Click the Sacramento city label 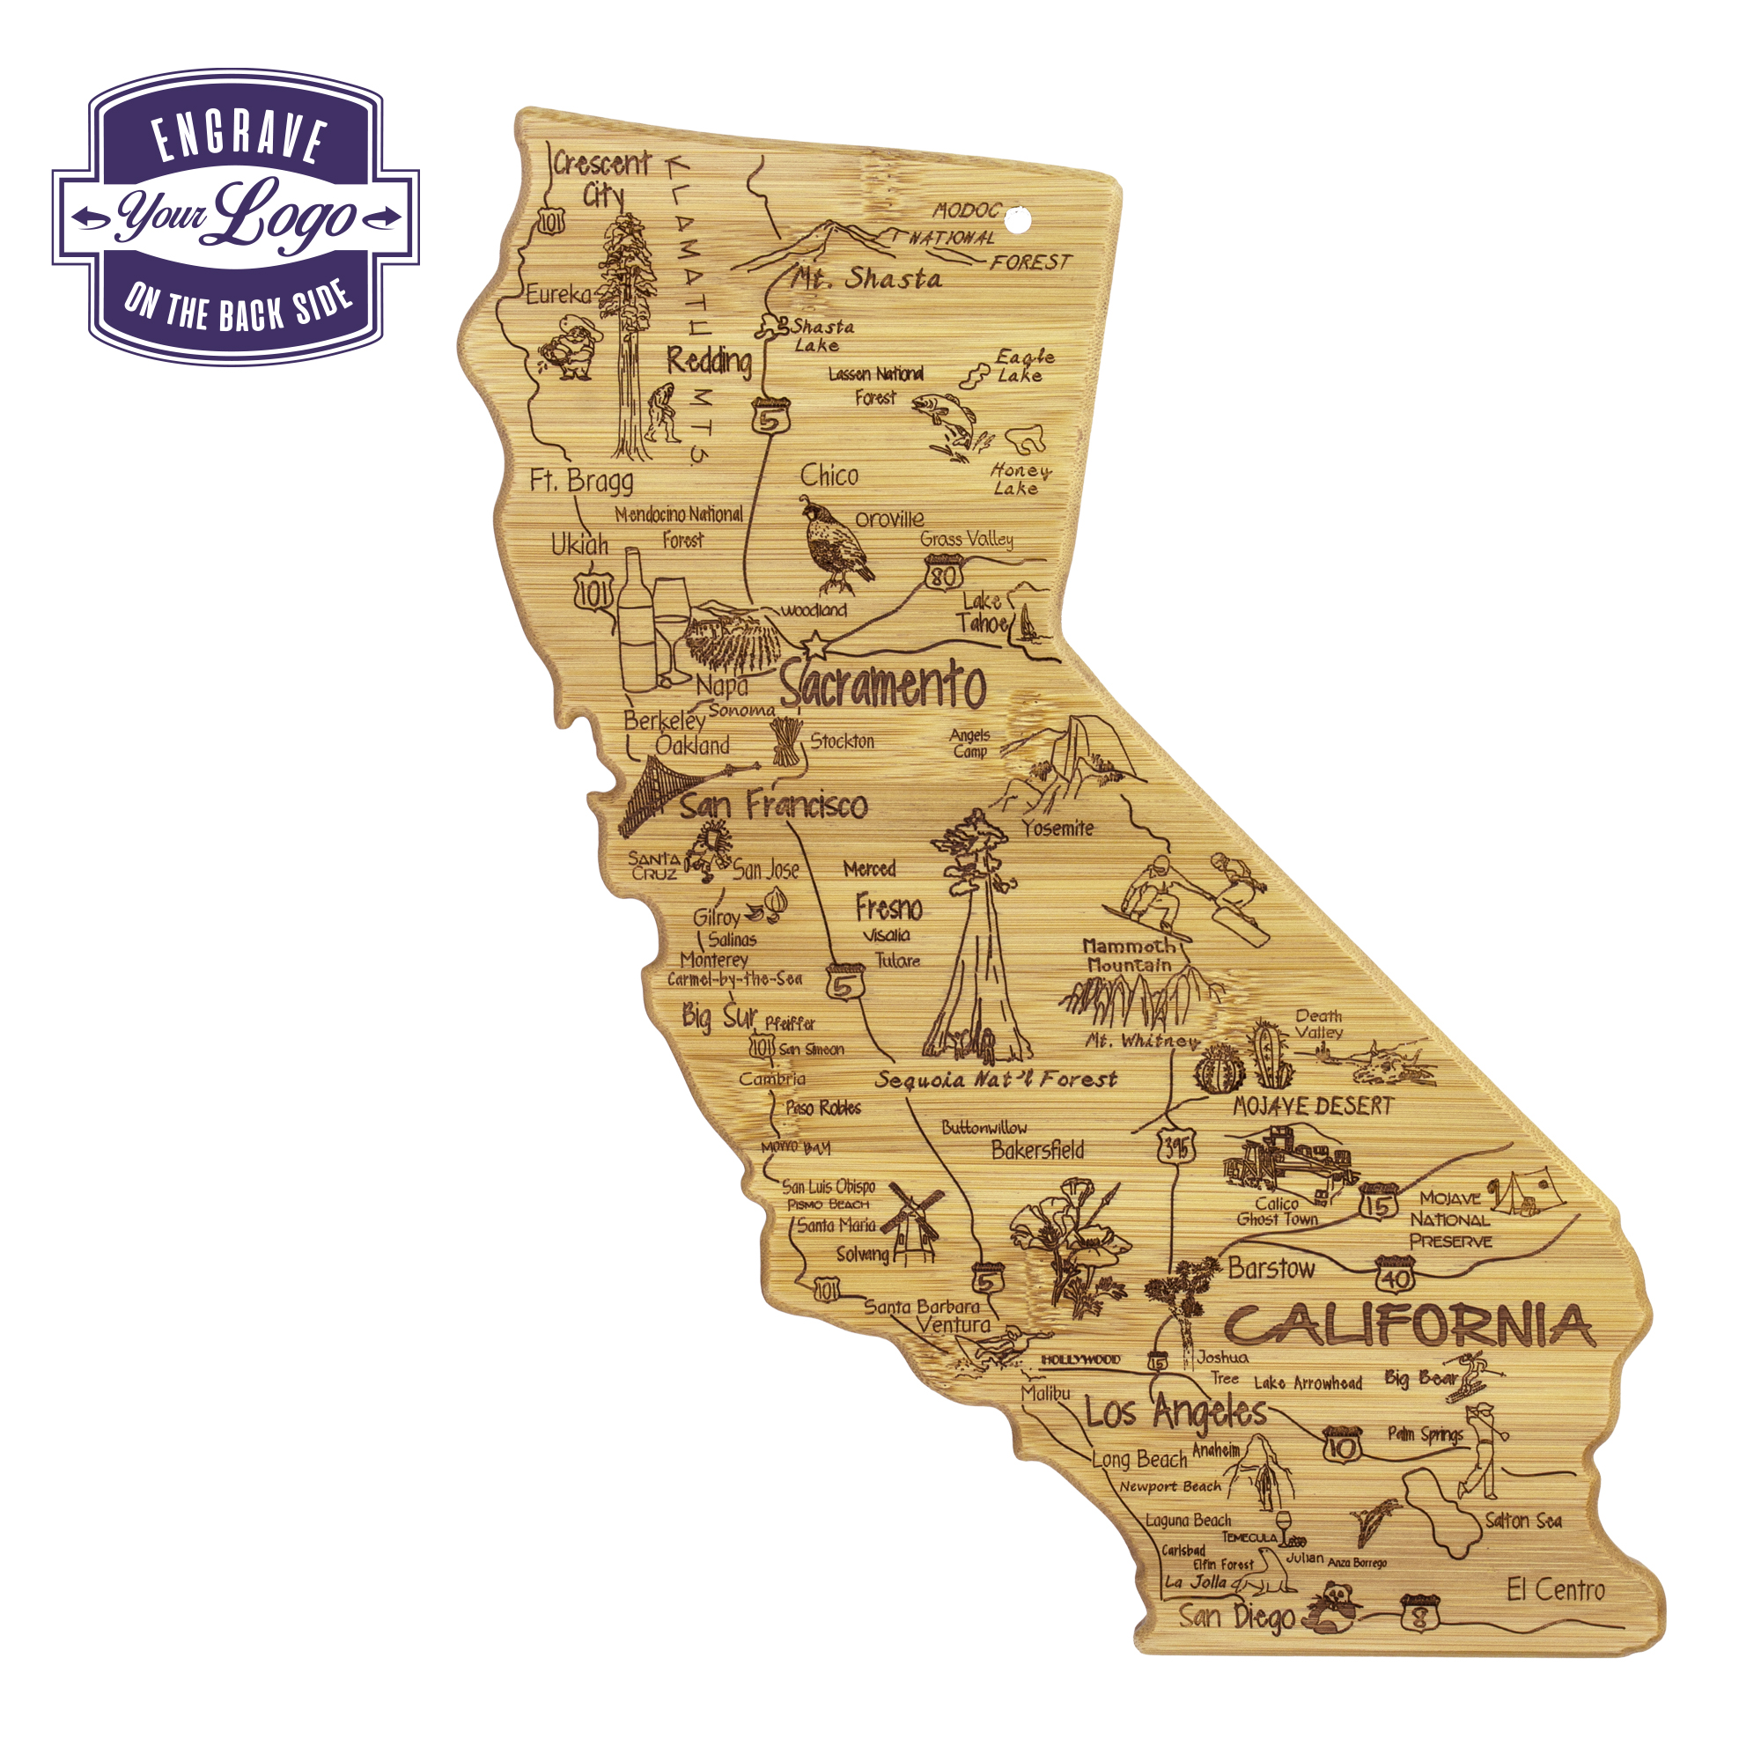tap(882, 685)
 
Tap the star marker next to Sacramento tap(814, 646)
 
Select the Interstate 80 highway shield tap(942, 573)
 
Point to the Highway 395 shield tap(1175, 1146)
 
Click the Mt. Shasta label tap(866, 277)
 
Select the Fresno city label tap(888, 908)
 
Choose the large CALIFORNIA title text tap(1407, 1326)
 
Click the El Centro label tap(1555, 1590)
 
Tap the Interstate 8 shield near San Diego tap(1419, 1612)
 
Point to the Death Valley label tap(1318, 1024)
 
